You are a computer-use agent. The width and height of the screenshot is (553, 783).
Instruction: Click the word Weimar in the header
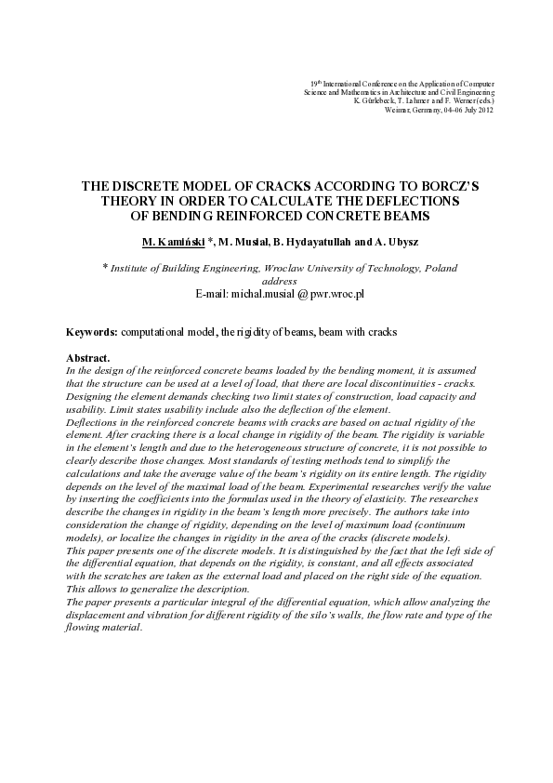(x=393, y=110)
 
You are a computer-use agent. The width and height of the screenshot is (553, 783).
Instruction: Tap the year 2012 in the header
(x=484, y=110)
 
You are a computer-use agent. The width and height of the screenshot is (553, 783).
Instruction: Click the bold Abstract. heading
(x=88, y=358)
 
